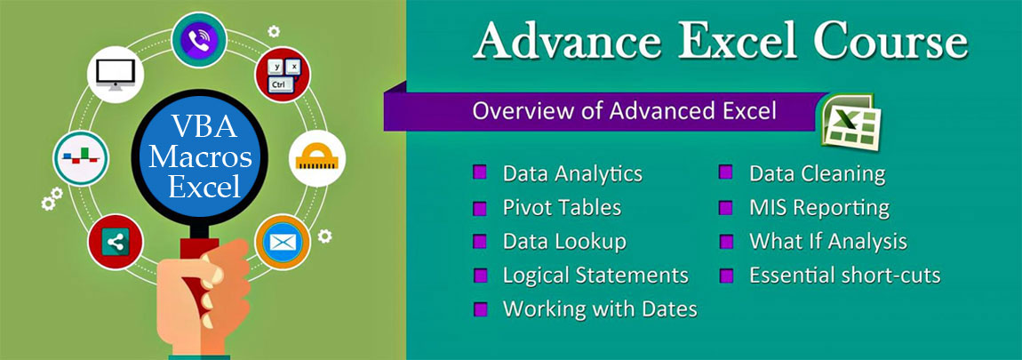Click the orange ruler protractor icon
coord(317,157)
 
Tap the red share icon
coord(116,240)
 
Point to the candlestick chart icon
coord(81,157)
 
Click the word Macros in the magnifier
coord(201,158)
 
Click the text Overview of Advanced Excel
coord(624,111)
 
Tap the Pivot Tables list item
coord(562,207)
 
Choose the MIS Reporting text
coord(818,207)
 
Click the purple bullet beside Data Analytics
coord(481,172)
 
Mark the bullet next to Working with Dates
coord(481,309)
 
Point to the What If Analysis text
coord(827,241)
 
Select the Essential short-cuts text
coord(844,276)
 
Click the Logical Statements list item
coord(595,276)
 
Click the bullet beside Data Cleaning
coord(727,172)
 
